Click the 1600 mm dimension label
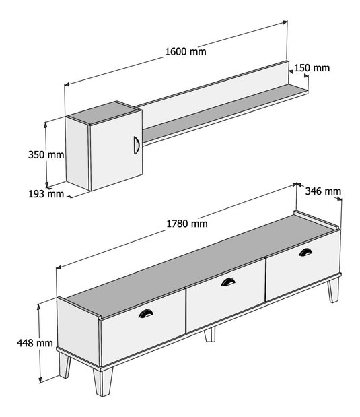(x=186, y=51)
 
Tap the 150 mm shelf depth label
(x=312, y=68)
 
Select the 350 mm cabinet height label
(x=46, y=154)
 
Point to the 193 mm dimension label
(x=46, y=194)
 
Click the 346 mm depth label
(x=323, y=191)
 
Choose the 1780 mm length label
(x=187, y=224)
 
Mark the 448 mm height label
(x=35, y=343)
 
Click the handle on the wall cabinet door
(x=137, y=145)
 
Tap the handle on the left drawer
(x=145, y=313)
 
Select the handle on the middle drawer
(x=228, y=282)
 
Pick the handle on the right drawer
(x=305, y=252)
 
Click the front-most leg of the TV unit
(x=103, y=381)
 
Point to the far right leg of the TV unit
(x=334, y=290)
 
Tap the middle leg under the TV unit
(x=210, y=335)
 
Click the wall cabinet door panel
(x=116, y=150)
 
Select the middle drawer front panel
(x=225, y=295)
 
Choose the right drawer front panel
(x=303, y=265)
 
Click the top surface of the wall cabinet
(x=104, y=113)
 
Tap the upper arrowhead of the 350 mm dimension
(x=46, y=125)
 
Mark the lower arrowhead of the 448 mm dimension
(x=40, y=381)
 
